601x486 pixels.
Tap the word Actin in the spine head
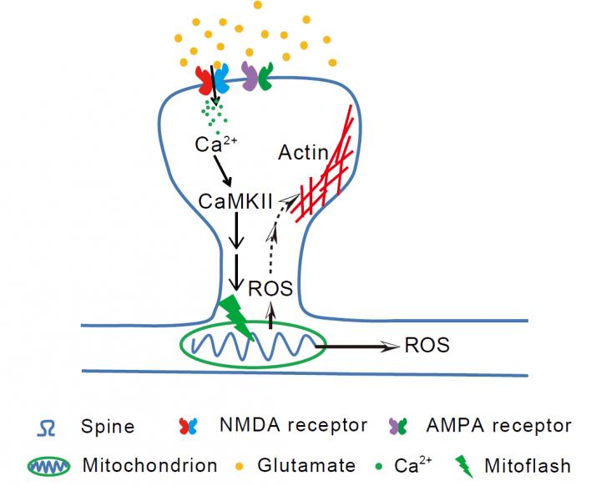302,153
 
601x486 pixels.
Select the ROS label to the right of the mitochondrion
427,344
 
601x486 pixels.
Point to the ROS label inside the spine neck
271,289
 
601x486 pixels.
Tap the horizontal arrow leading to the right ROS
359,345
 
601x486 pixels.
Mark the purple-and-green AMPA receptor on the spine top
257,78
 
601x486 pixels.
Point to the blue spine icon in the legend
48,426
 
